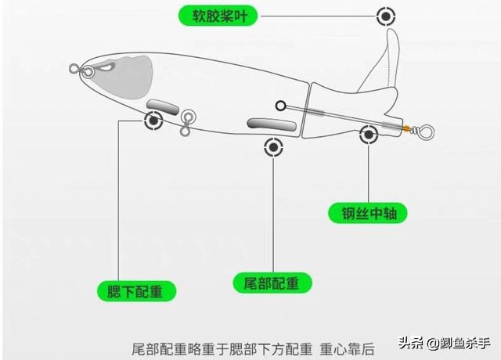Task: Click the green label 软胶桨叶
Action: [218, 15]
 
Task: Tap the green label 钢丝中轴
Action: [368, 212]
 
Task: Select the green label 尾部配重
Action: [272, 282]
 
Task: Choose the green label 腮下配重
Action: [136, 290]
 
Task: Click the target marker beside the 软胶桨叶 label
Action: [385, 16]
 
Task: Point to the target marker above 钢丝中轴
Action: [369, 135]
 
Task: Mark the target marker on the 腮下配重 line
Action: [153, 120]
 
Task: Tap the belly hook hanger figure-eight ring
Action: [186, 121]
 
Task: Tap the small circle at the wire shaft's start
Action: [281, 104]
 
